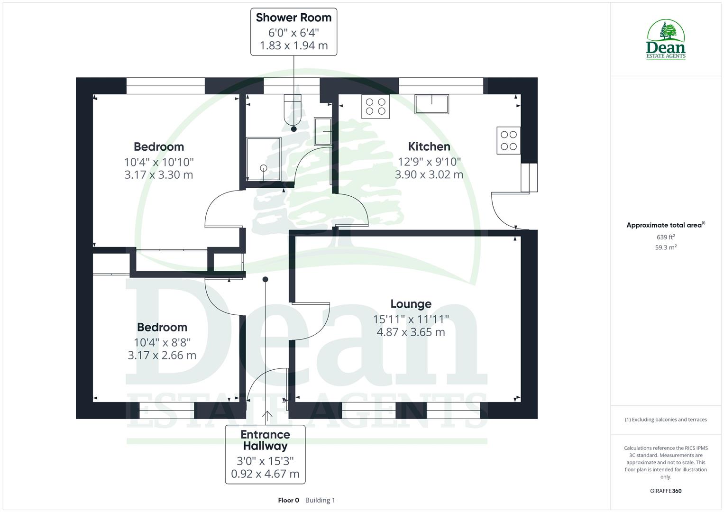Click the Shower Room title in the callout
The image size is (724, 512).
(x=293, y=18)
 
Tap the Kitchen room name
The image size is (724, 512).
(x=429, y=146)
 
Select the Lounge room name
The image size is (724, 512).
(x=411, y=304)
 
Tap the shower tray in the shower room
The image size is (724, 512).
(x=264, y=159)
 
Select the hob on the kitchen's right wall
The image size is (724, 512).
(x=509, y=140)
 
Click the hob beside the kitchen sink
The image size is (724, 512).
(x=376, y=106)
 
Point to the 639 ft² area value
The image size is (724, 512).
(x=666, y=237)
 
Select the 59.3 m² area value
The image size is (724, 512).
(x=666, y=247)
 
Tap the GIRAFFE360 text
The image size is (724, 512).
(x=666, y=491)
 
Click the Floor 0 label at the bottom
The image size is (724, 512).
(x=288, y=500)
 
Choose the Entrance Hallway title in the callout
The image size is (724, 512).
(x=265, y=440)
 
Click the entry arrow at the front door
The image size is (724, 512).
(x=267, y=416)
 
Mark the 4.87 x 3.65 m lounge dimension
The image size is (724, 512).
(x=411, y=332)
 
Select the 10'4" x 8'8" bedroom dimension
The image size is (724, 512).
(x=162, y=342)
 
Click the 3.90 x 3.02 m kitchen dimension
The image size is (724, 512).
(x=429, y=174)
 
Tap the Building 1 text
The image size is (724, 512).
(x=320, y=500)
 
